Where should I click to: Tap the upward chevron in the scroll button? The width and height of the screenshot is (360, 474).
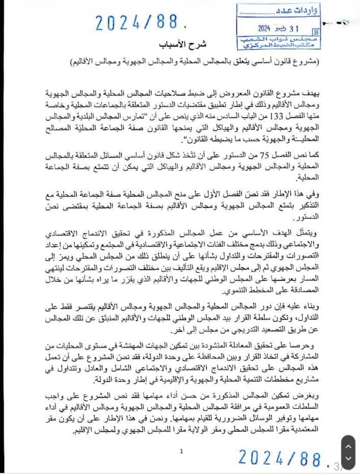tap(348, 445)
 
